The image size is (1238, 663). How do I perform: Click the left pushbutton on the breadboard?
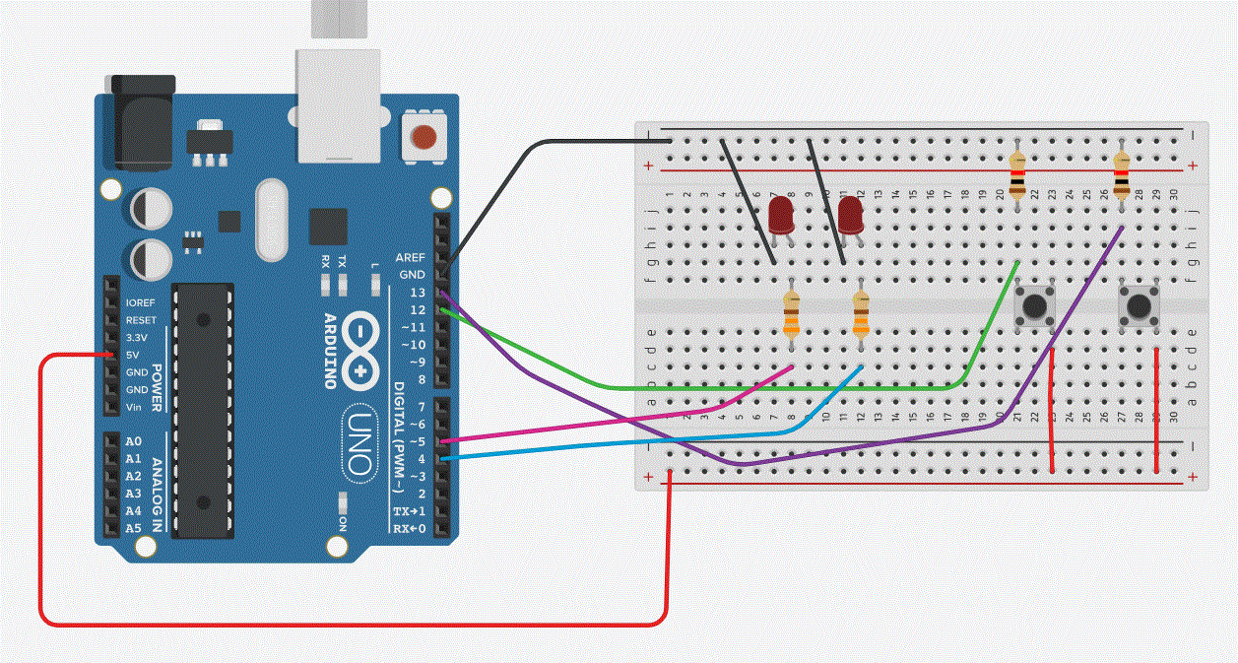click(x=1034, y=304)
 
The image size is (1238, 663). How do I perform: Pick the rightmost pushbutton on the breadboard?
click(x=1140, y=305)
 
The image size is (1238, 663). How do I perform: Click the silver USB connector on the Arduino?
click(x=337, y=104)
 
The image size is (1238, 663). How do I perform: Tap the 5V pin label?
click(x=132, y=355)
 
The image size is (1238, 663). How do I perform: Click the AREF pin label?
click(x=410, y=257)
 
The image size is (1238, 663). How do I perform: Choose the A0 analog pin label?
click(x=133, y=441)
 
